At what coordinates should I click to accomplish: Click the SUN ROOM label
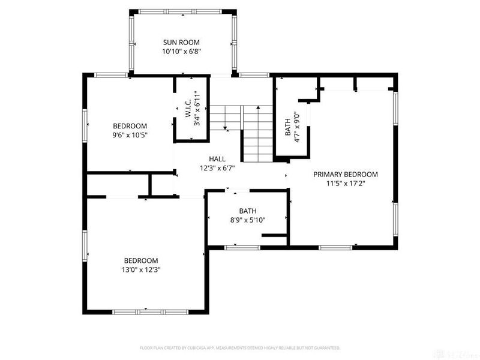[x=181, y=42]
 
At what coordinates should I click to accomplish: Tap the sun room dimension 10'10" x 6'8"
[x=181, y=52]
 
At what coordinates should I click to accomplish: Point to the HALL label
[x=217, y=158]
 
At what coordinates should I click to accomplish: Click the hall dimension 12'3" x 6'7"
[x=217, y=168]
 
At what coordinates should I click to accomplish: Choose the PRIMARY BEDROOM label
[x=346, y=174]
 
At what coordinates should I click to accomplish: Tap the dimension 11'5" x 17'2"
[x=346, y=184]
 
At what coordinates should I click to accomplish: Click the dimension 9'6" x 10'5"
[x=130, y=135]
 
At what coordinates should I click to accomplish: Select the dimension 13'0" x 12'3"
[x=141, y=270]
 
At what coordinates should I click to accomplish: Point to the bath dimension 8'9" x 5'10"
[x=248, y=220]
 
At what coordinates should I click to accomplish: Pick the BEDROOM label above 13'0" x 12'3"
[x=141, y=260]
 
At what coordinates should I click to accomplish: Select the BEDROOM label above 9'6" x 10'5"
[x=130, y=125]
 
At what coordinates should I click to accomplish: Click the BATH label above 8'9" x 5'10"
[x=248, y=211]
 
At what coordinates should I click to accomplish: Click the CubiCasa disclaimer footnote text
[x=240, y=347]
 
